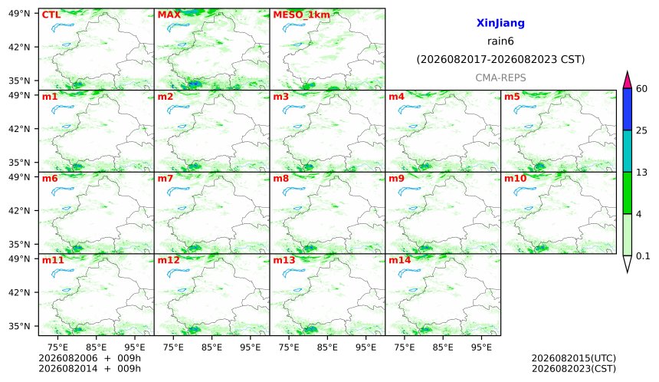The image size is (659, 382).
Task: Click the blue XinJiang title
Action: click(x=500, y=23)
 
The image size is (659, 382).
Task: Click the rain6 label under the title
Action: click(x=500, y=41)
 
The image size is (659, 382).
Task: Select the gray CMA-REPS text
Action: click(x=500, y=77)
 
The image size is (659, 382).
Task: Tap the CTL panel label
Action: click(x=51, y=15)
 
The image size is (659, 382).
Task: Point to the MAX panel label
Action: click(x=169, y=15)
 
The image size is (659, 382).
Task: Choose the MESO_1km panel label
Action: click(x=301, y=15)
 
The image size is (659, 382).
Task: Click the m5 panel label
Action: click(x=512, y=97)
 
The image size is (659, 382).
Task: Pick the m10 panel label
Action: click(x=515, y=179)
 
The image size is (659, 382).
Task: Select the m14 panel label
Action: click(x=400, y=260)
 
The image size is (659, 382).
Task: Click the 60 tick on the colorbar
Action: click(x=642, y=89)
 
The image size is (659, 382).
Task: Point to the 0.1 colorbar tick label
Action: click(x=643, y=255)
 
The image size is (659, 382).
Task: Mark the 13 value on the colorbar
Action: click(x=642, y=173)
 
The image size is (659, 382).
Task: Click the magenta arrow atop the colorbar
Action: click(x=627, y=81)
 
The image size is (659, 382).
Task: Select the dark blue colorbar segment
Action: click(x=627, y=110)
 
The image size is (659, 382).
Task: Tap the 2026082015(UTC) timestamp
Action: click(x=574, y=358)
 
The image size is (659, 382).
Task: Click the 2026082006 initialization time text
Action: click(x=67, y=358)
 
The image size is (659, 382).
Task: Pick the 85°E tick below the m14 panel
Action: click(x=443, y=347)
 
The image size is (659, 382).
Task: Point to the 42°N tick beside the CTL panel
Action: click(x=19, y=47)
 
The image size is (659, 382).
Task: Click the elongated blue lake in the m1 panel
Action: click(x=63, y=109)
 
